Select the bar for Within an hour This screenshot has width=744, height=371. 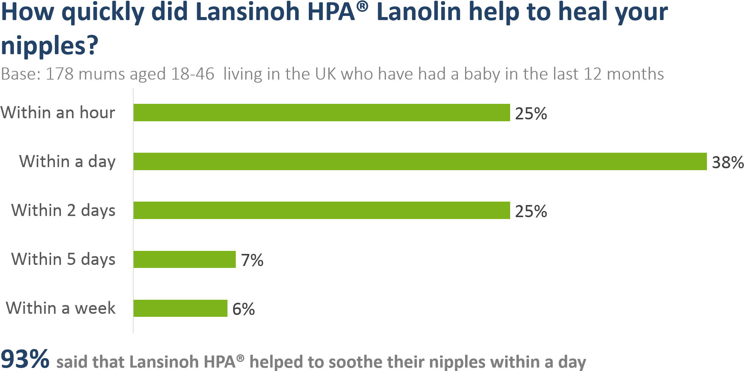[x=322, y=113]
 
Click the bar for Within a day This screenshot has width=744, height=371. [x=420, y=161]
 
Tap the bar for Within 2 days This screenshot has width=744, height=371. [x=322, y=210]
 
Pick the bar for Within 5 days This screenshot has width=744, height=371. [x=185, y=259]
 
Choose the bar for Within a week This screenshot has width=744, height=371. [x=181, y=308]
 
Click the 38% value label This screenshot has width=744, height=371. [x=727, y=162]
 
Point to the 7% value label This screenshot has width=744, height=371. [x=252, y=260]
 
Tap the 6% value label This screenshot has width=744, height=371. [x=243, y=309]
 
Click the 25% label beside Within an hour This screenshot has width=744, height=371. [x=531, y=114]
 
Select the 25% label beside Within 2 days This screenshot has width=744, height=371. [x=531, y=211]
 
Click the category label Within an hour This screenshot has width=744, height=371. [x=58, y=113]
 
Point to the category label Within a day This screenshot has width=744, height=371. [x=67, y=162]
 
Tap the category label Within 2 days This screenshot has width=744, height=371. [x=63, y=211]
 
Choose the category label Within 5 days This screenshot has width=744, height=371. [x=63, y=260]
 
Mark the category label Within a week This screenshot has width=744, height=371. [x=61, y=308]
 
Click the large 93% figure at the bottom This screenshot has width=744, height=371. [x=25, y=358]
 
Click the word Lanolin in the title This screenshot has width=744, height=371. [x=419, y=12]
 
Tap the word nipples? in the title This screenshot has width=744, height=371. [x=50, y=45]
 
